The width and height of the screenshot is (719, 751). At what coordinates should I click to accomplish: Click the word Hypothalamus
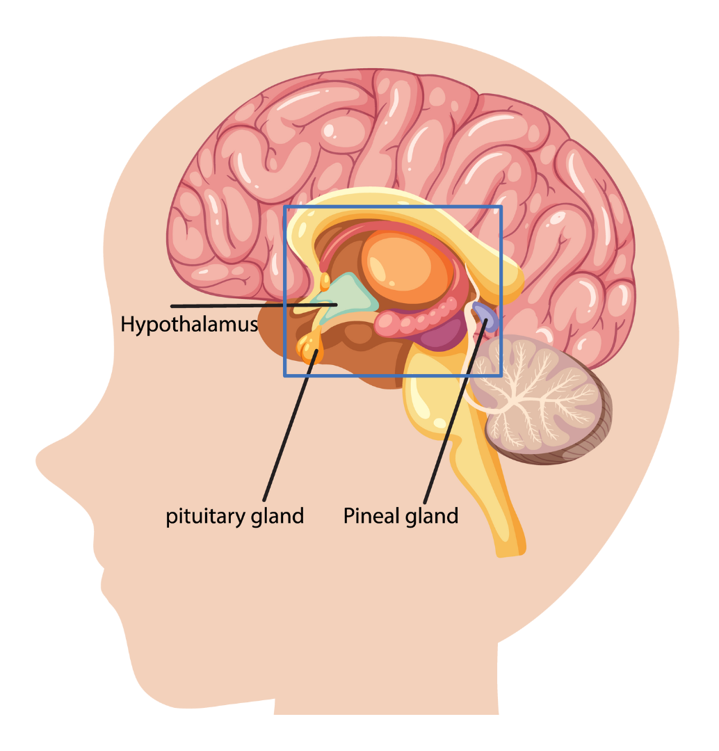(x=189, y=325)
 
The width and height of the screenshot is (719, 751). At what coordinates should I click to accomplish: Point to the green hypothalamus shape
(x=352, y=295)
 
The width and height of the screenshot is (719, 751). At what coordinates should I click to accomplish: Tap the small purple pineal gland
(x=486, y=317)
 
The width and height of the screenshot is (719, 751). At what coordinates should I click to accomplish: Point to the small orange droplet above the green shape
(x=325, y=281)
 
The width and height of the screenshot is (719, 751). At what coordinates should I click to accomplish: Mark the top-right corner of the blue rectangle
(x=501, y=207)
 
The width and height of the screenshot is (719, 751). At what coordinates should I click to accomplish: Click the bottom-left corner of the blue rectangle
(x=284, y=376)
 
